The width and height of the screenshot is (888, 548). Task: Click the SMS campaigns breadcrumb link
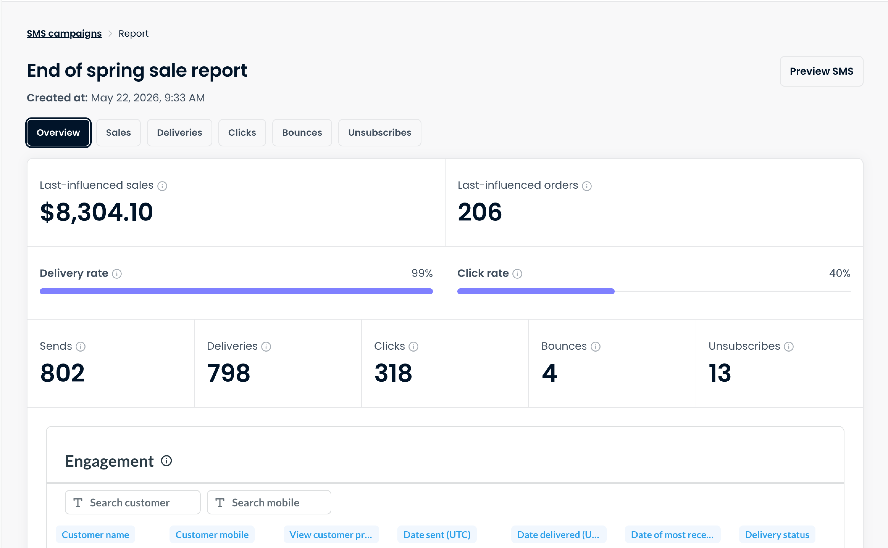coord(64,33)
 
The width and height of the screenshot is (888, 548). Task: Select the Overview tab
coord(58,133)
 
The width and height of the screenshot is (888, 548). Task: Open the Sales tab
coord(118,133)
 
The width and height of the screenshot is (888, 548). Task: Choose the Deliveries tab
coord(180,133)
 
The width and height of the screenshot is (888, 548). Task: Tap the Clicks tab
coord(242,133)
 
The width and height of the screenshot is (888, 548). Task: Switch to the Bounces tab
coord(302,133)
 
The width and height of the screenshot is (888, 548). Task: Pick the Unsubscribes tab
coord(380,133)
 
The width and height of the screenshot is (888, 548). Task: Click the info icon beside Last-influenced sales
coord(162,186)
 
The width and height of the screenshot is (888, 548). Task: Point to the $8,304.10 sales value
coord(96,212)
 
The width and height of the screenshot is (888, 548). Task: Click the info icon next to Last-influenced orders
coord(587,186)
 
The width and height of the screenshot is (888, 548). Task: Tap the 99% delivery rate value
coord(422,273)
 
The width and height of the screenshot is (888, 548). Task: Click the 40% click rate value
coord(839,273)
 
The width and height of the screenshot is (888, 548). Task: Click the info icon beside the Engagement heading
coord(166,461)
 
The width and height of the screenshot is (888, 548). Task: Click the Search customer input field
coord(133,502)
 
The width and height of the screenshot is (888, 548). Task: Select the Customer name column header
coord(95,535)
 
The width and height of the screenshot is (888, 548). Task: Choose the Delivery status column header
coord(777,535)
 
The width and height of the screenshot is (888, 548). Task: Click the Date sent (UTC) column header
coord(437,535)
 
